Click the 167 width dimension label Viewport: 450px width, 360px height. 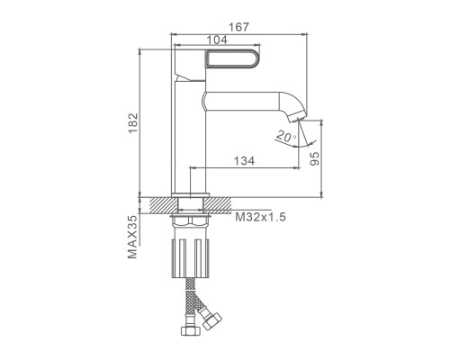(x=238, y=27)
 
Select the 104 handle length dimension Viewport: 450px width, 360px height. (x=217, y=40)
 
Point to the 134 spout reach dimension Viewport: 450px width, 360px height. (x=244, y=161)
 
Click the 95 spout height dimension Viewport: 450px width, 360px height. (x=314, y=158)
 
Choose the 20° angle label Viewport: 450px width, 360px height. (x=285, y=136)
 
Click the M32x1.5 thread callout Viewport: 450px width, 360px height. (x=260, y=217)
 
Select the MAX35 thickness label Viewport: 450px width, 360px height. (x=132, y=237)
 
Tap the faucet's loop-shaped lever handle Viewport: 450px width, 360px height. (x=232, y=58)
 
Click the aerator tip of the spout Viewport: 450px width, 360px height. (x=297, y=116)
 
